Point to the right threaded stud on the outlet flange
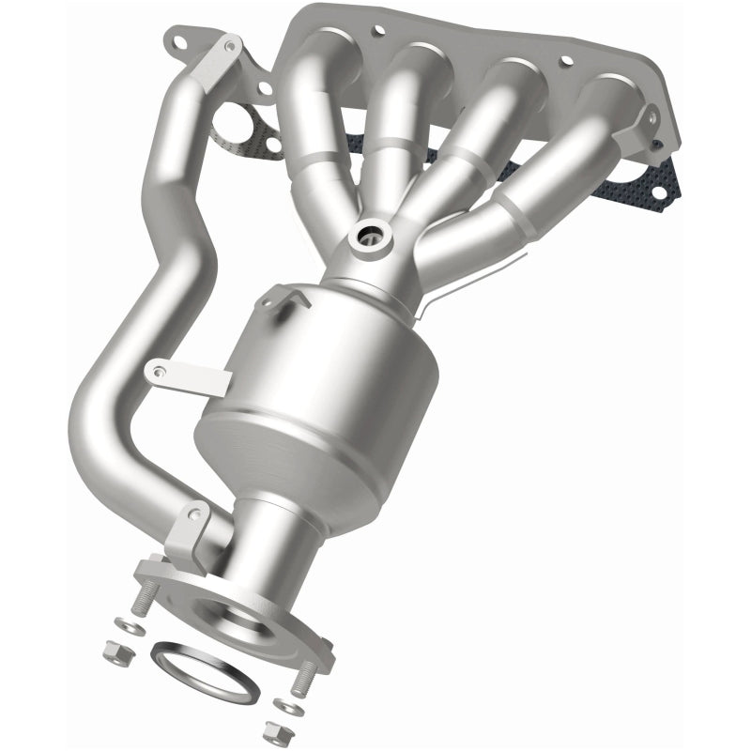pyautogui.click(x=303, y=678)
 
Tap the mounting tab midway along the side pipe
pyautogui.click(x=188, y=375)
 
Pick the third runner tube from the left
pyautogui.click(x=469, y=141)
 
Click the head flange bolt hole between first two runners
pyautogui.click(x=377, y=31)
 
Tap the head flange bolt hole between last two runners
pyautogui.click(x=566, y=61)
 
